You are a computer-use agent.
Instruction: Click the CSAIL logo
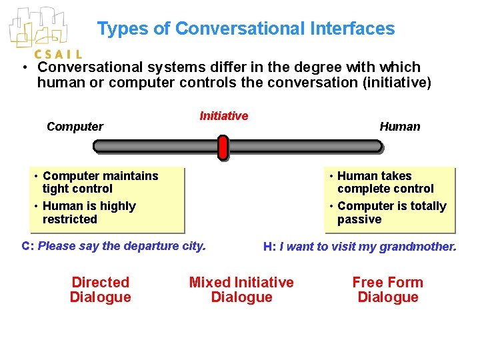pyautogui.click(x=44, y=33)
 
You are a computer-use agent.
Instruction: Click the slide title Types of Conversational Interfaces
pyautogui.click(x=245, y=29)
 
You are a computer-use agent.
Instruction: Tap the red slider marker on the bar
pyautogui.click(x=223, y=147)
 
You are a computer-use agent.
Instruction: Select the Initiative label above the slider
pyautogui.click(x=224, y=116)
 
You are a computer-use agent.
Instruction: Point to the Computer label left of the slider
pyautogui.click(x=75, y=127)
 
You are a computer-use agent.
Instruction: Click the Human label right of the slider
pyautogui.click(x=400, y=127)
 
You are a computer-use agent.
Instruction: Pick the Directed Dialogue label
pyautogui.click(x=100, y=289)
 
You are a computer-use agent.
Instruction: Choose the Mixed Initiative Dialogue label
pyautogui.click(x=241, y=289)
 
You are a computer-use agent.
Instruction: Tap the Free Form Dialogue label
pyautogui.click(x=387, y=289)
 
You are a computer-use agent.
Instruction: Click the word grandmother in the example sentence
pyautogui.click(x=418, y=247)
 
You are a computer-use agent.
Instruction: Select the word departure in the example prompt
pyautogui.click(x=129, y=245)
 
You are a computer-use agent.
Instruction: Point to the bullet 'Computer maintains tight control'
pyautogui.click(x=100, y=182)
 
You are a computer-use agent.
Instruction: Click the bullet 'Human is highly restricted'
pyautogui.click(x=89, y=213)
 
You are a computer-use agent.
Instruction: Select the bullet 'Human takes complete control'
pyautogui.click(x=385, y=182)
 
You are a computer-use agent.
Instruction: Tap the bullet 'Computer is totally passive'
pyautogui.click(x=391, y=213)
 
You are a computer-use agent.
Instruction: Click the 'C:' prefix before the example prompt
pyautogui.click(x=28, y=245)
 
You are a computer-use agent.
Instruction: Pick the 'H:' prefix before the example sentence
pyautogui.click(x=269, y=247)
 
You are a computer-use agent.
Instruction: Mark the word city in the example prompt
pyautogui.click(x=193, y=245)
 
